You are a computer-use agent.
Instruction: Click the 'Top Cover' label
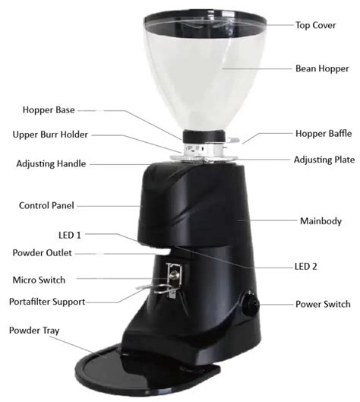click(315, 24)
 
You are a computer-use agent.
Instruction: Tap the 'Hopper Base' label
click(49, 109)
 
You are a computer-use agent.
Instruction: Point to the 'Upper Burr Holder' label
click(51, 135)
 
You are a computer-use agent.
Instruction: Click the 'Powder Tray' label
click(35, 331)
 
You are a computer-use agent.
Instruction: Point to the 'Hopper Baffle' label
click(323, 134)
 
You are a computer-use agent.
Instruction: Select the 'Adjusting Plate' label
click(324, 160)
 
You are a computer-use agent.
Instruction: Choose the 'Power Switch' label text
click(323, 304)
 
